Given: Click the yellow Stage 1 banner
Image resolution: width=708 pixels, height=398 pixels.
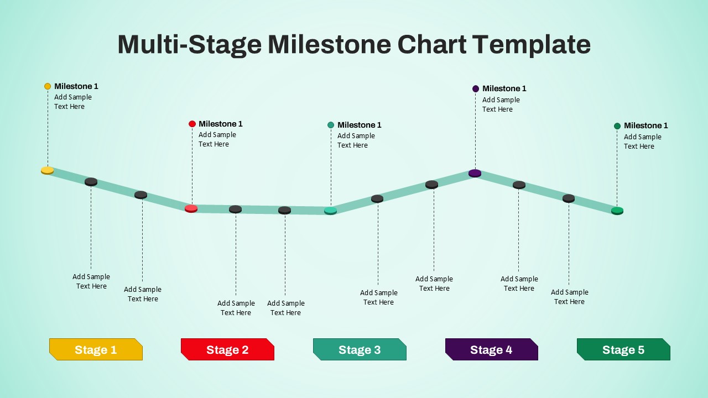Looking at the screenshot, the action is click(x=96, y=349).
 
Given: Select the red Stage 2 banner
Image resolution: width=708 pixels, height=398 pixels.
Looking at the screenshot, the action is click(x=227, y=349).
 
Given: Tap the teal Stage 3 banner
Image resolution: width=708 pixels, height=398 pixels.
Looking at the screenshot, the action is click(x=360, y=349).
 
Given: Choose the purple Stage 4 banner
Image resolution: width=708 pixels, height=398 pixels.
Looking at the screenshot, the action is click(x=492, y=349).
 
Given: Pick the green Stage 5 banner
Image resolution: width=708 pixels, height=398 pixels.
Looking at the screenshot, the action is click(x=623, y=349).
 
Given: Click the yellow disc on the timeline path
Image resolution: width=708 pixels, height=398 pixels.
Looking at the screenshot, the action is click(x=48, y=171).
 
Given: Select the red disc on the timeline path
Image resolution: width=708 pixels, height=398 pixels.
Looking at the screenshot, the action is click(x=191, y=208).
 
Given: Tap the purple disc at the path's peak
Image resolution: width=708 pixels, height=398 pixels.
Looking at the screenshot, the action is click(x=475, y=173).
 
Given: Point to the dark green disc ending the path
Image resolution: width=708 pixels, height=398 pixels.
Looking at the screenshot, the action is click(x=617, y=211).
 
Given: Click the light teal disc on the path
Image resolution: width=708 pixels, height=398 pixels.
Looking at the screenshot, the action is click(x=330, y=211).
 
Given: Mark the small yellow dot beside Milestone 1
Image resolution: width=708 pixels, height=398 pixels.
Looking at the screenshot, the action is click(x=48, y=86).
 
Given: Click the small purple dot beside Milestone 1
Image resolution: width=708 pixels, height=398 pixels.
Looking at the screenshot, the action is click(x=475, y=89).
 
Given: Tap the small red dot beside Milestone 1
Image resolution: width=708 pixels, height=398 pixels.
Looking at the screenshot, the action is click(x=192, y=124).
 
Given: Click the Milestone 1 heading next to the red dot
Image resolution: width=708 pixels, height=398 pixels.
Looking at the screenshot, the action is click(x=221, y=124).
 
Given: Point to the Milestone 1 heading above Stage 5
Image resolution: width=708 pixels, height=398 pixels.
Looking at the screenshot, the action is click(x=645, y=125).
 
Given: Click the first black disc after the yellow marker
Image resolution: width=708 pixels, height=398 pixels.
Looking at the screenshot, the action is click(x=91, y=182).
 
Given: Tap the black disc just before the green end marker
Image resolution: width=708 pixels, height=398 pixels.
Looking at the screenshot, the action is click(x=569, y=198).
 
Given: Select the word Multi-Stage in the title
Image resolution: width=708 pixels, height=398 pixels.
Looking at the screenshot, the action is click(x=190, y=45).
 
